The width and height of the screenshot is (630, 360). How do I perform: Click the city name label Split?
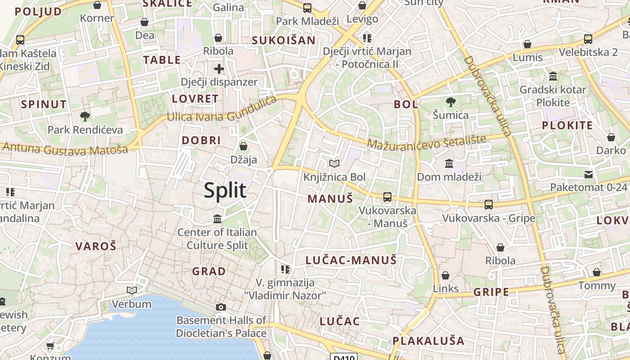[225, 190]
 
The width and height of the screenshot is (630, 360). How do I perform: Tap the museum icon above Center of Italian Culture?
[217, 219]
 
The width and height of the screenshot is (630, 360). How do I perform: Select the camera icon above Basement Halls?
[220, 307]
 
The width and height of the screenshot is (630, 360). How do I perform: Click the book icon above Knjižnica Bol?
[333, 164]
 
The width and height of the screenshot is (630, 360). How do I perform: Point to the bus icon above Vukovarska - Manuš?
[387, 197]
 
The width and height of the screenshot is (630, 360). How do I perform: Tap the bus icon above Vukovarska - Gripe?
[489, 205]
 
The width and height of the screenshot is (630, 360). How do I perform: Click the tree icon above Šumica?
[450, 102]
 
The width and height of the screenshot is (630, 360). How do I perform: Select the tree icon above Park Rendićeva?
[85, 117]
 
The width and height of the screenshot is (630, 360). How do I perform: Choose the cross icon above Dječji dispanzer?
[219, 69]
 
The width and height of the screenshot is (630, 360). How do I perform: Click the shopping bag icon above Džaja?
[243, 146]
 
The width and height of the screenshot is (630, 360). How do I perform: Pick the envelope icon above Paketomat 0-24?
[589, 175]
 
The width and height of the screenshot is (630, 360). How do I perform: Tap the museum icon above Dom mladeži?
[449, 164]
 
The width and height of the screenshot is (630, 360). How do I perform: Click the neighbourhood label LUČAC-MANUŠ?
[351, 260]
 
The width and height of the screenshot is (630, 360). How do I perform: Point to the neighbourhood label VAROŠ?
[96, 246]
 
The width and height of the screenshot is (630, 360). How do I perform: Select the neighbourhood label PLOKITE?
[567, 126]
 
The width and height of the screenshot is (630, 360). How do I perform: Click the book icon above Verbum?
[131, 291]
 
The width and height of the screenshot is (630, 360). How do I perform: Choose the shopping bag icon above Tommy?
[597, 272]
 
